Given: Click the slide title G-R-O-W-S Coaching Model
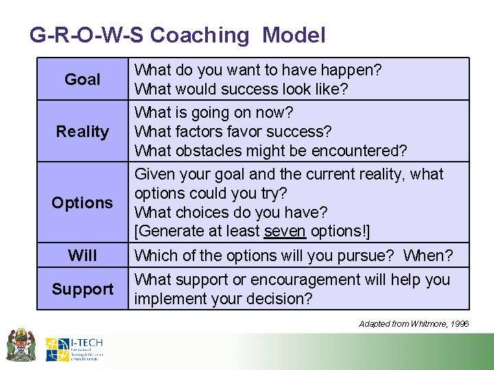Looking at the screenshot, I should (177, 35).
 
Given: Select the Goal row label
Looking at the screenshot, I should (82, 79).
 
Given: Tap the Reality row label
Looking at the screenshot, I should (82, 132).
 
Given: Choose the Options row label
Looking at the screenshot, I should (82, 203).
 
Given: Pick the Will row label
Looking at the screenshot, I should (82, 256).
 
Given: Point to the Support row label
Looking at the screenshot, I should (82, 289).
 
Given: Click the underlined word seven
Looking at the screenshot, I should (285, 232).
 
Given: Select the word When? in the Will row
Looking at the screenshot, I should (428, 256).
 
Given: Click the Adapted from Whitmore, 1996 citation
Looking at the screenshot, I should (414, 323).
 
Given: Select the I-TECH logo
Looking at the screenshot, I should (75, 349).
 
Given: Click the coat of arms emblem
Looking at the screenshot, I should (21, 345).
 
